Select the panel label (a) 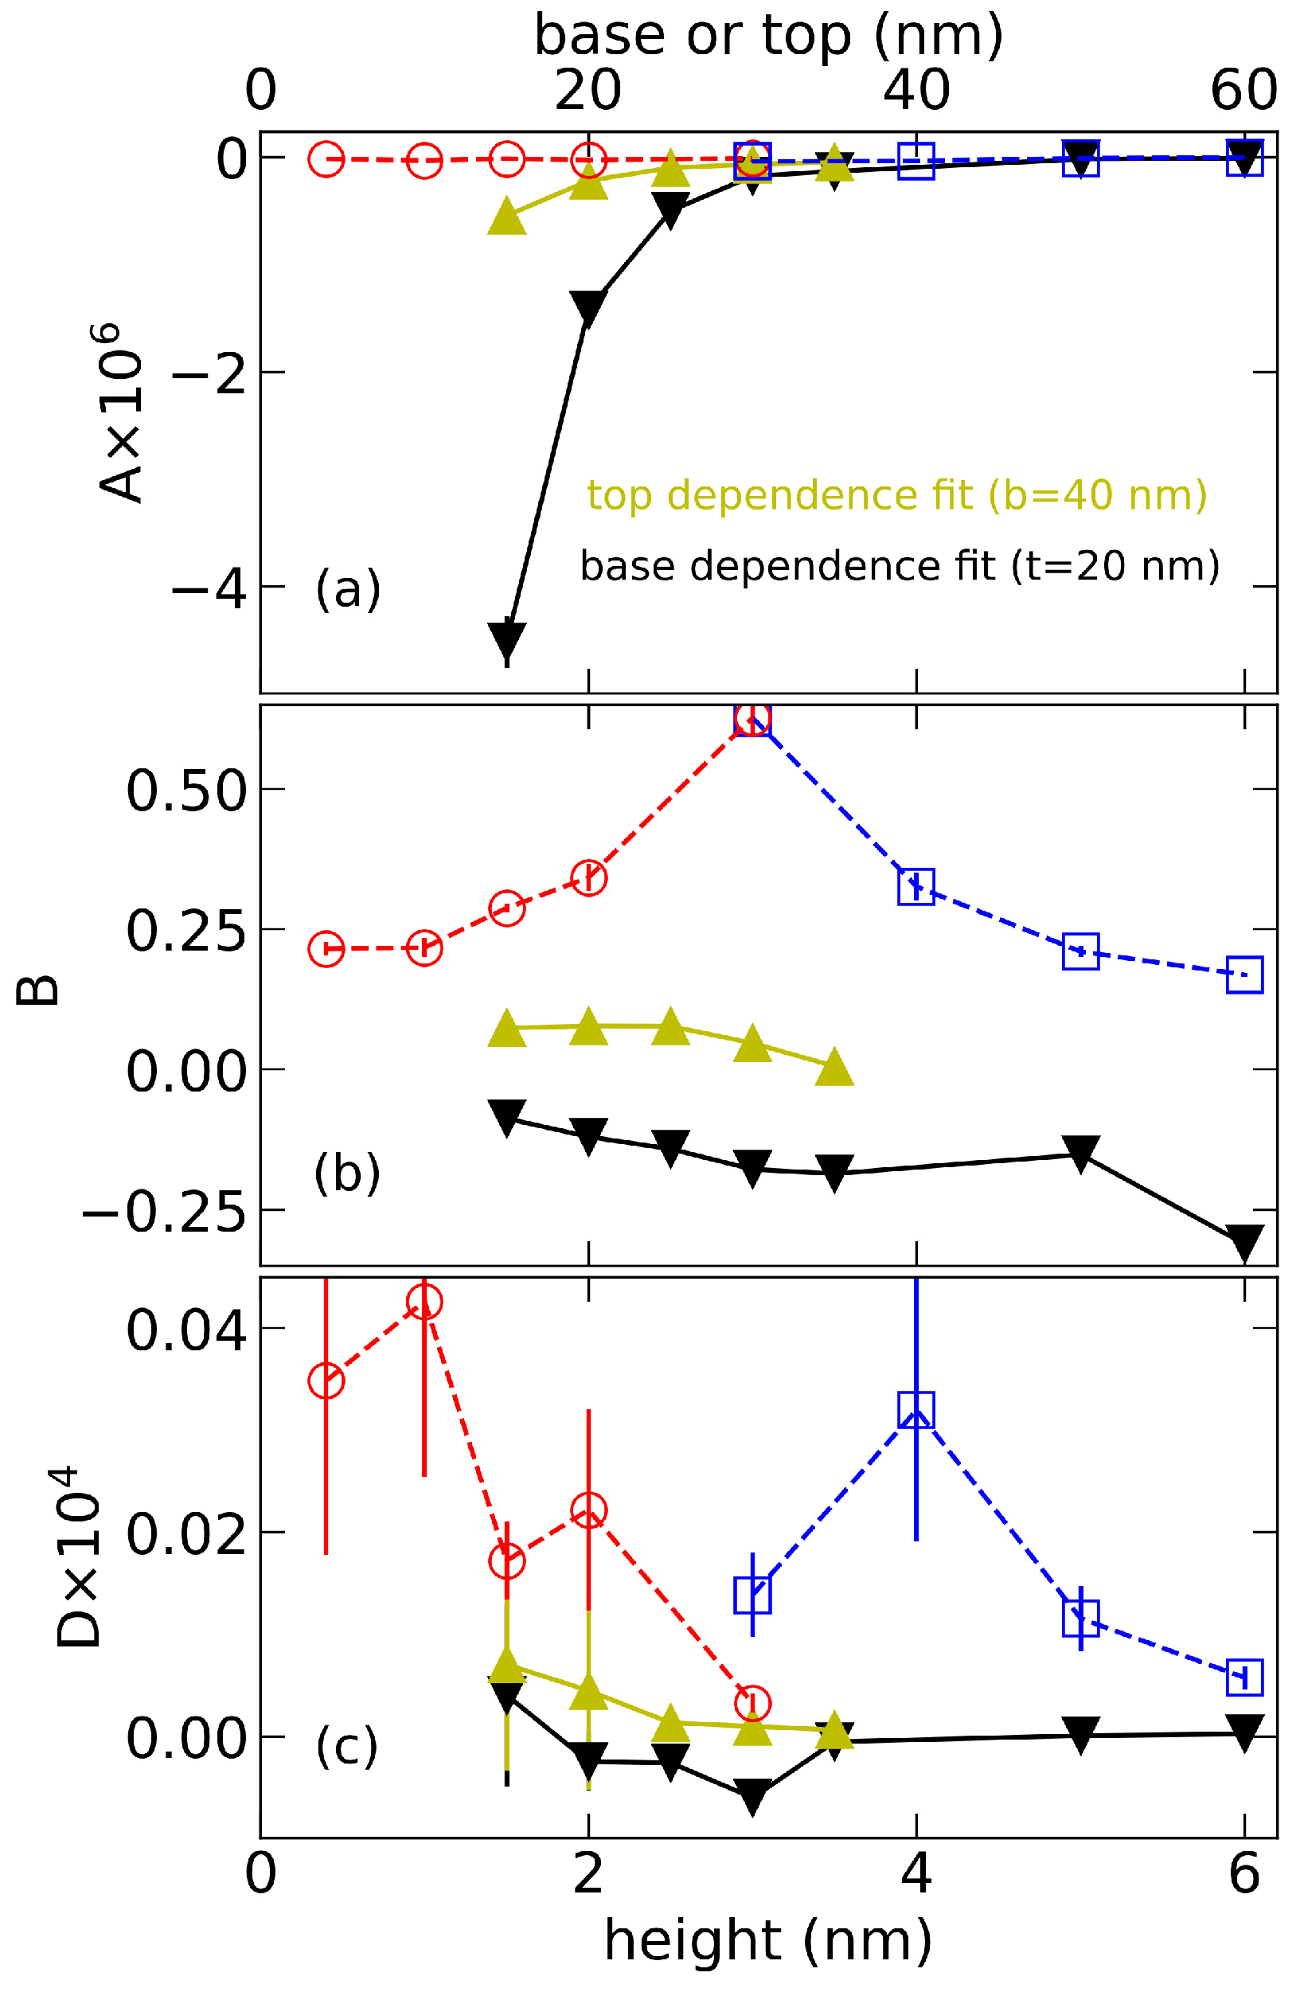tap(347, 589)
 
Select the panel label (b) tap(346, 1173)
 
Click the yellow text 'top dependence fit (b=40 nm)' tap(896, 494)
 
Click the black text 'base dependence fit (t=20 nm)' tap(900, 567)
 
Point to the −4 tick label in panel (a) tap(209, 589)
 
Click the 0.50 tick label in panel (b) tap(185, 790)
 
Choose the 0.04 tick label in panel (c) tap(185, 1329)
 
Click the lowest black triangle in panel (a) tap(506, 640)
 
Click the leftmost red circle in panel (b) tap(326, 949)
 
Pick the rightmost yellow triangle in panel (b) tap(833, 1068)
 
